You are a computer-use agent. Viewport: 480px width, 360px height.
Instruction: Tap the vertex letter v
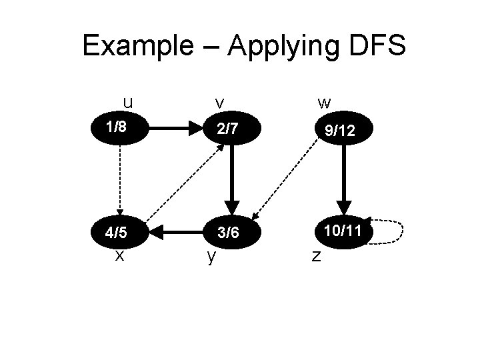(219, 103)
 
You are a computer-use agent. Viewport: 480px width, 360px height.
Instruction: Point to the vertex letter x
(119, 255)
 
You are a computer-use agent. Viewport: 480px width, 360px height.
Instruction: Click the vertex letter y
(211, 257)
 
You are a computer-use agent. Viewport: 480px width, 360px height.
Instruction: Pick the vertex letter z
(317, 256)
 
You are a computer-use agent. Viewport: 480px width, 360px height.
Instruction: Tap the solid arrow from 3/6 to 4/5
(174, 233)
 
